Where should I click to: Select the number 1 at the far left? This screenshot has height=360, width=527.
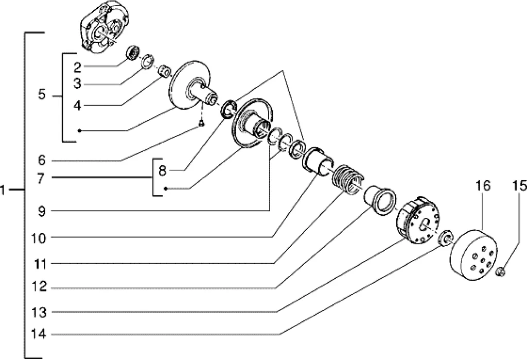pos(3,191)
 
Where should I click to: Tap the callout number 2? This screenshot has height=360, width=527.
pos(77,67)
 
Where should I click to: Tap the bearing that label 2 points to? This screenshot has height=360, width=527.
pos(133,52)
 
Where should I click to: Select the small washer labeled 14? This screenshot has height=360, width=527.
pos(446,237)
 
